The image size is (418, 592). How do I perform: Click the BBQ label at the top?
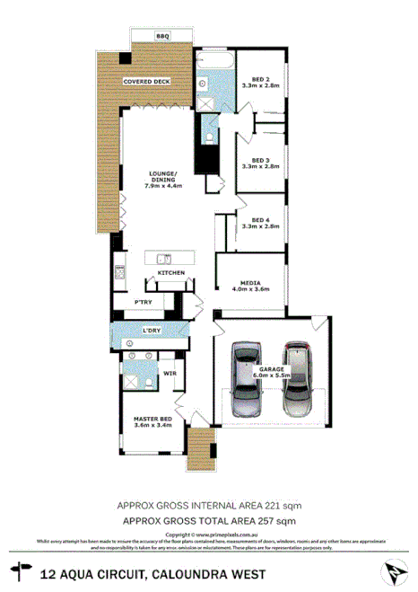coord(162,35)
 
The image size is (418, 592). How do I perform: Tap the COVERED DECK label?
coord(147,81)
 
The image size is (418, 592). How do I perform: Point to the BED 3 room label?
coord(261,163)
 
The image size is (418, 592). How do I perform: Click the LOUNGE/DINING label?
coord(163,179)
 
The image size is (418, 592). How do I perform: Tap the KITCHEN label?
coord(171,271)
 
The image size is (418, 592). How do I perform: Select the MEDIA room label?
coord(250,286)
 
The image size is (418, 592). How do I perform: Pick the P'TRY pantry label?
coord(144,303)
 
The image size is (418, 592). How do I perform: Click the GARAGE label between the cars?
coord(273,370)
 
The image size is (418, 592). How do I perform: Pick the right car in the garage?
coord(297,373)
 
